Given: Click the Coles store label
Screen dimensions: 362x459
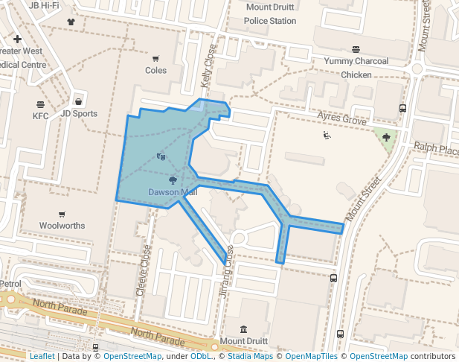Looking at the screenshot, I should [x=156, y=71].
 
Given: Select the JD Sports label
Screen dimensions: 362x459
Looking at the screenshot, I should [x=79, y=114].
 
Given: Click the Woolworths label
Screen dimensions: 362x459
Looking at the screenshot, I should [x=62, y=226].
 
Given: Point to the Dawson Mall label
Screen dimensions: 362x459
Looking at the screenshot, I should [x=173, y=192].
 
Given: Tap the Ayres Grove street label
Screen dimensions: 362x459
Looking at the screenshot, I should [x=342, y=119].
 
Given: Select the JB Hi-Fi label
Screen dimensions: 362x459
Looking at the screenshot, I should [x=44, y=5].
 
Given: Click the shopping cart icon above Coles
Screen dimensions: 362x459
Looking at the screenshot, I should [x=156, y=59].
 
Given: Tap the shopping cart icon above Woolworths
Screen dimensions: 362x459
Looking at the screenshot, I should [x=62, y=215].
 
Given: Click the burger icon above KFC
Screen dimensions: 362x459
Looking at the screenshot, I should [x=40, y=104].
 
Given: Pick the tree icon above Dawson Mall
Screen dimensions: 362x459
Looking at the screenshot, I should [x=173, y=180].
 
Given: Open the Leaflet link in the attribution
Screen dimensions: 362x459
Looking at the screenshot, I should [x=42, y=357].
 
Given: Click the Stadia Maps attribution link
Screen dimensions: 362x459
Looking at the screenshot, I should [x=250, y=357].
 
